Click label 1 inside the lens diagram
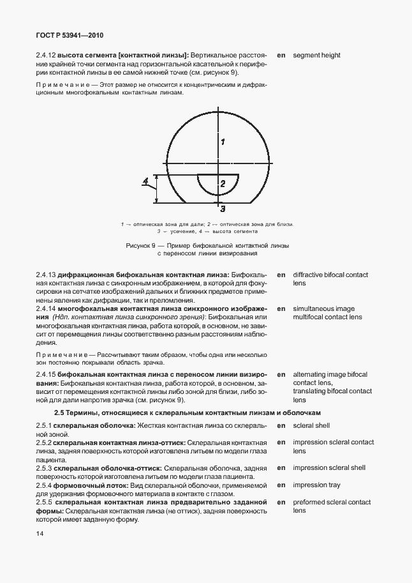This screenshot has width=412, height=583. [x=222, y=142]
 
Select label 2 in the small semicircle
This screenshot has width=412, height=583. [x=222, y=184]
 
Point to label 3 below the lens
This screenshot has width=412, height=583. [x=222, y=208]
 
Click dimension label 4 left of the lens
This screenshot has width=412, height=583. [x=145, y=182]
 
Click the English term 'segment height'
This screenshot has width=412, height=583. [x=316, y=56]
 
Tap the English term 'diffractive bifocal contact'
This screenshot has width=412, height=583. [x=330, y=275]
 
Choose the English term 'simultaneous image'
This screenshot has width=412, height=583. [x=324, y=308]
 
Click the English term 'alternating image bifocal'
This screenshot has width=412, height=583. [x=330, y=374]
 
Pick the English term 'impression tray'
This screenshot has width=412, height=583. [x=317, y=485]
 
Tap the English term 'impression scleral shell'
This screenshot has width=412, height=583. [x=329, y=468]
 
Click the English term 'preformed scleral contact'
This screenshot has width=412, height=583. [x=332, y=503]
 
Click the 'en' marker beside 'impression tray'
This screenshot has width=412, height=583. [x=281, y=485]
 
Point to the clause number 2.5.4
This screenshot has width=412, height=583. [x=44, y=485]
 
